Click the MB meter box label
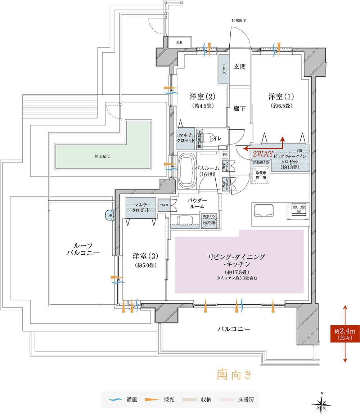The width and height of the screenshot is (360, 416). [179, 43]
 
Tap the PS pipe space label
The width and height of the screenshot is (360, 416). [225, 155]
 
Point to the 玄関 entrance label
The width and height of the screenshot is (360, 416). [239, 67]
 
